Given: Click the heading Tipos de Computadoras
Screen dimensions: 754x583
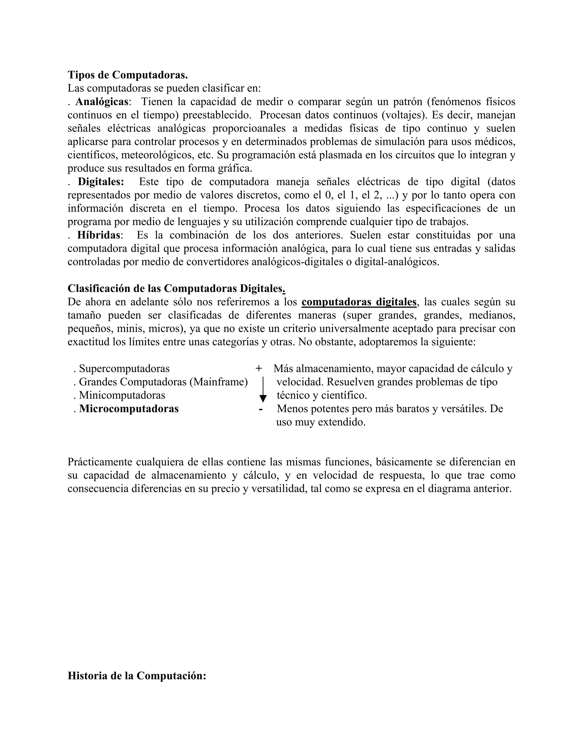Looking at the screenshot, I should [128, 75].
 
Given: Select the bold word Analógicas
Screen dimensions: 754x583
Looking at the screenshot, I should [102, 102].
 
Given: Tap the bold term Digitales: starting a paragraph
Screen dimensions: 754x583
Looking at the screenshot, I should [100, 182].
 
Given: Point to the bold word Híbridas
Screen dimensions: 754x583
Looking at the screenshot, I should [98, 235].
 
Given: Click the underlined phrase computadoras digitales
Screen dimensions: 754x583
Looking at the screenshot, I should [359, 302].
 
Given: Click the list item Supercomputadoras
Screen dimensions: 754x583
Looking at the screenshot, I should [124, 369].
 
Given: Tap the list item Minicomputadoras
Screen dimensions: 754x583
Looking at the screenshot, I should [122, 395].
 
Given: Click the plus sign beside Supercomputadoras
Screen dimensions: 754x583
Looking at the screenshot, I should [259, 369].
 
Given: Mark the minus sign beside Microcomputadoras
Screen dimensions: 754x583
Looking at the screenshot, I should [261, 409].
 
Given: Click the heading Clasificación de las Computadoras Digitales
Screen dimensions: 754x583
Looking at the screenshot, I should [176, 288].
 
